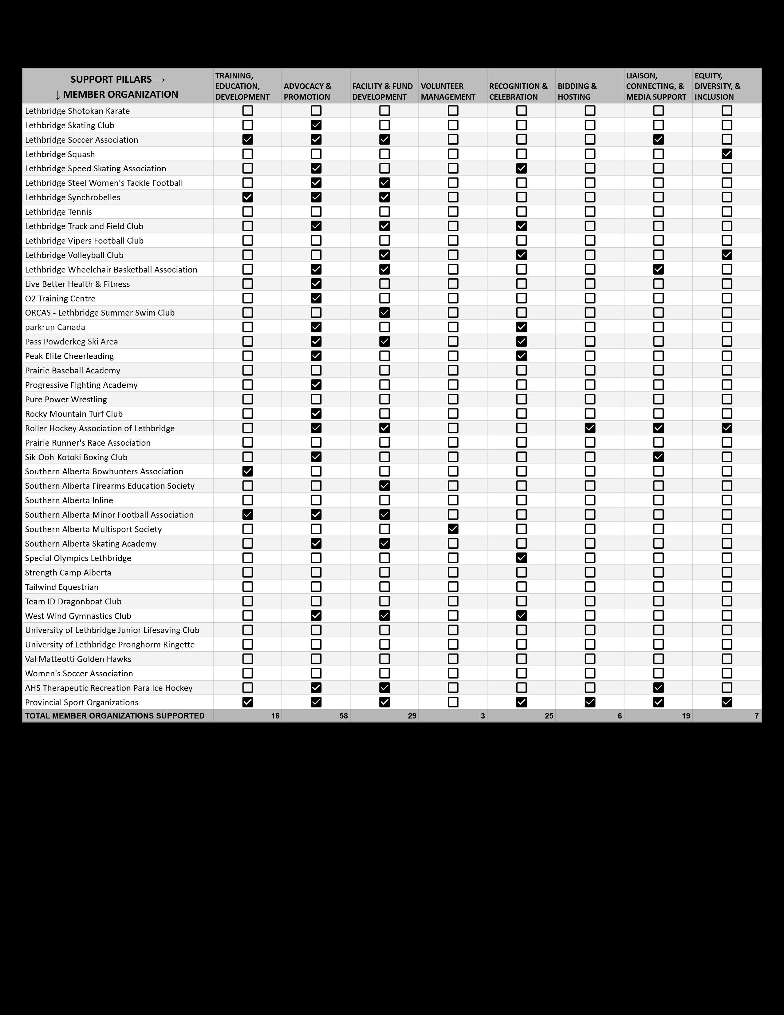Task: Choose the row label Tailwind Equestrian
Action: pyautogui.click(x=62, y=587)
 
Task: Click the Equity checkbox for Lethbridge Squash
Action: pyautogui.click(x=727, y=154)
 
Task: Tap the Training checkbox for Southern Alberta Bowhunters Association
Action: pyautogui.click(x=247, y=471)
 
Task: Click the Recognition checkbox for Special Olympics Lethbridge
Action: pyautogui.click(x=522, y=558)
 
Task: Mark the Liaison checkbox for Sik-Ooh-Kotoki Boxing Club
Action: pyautogui.click(x=658, y=457)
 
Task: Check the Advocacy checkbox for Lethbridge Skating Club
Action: pyautogui.click(x=316, y=125)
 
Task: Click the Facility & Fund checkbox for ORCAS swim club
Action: pyautogui.click(x=384, y=312)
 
